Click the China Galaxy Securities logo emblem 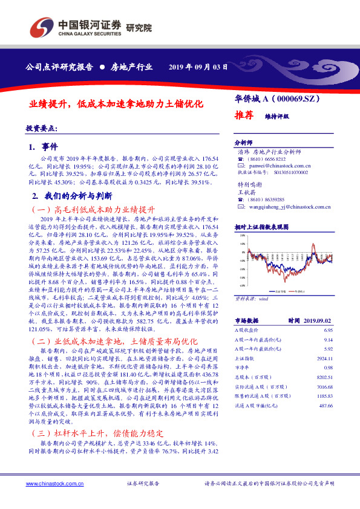pos(41,28)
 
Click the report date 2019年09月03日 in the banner pos(198,67)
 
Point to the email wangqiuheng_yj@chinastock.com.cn pos(287,207)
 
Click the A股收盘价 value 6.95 pos(328,331)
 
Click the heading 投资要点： pos(42,129)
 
